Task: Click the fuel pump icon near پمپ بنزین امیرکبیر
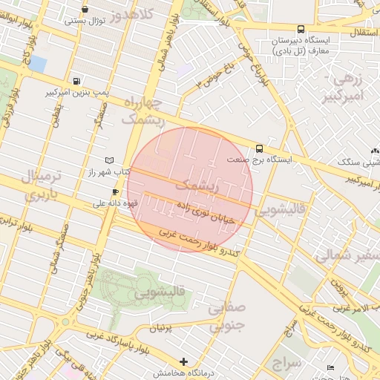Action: pyautogui.click(x=77, y=81)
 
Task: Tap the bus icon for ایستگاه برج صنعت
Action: pyautogui.click(x=259, y=148)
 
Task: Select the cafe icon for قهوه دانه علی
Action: pyautogui.click(x=115, y=191)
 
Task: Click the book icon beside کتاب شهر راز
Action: pyautogui.click(x=110, y=160)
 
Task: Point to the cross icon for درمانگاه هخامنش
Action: pyautogui.click(x=184, y=361)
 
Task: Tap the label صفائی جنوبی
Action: pyautogui.click(x=226, y=315)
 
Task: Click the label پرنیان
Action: pyautogui.click(x=166, y=327)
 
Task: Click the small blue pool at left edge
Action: pyautogui.click(x=37, y=64)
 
